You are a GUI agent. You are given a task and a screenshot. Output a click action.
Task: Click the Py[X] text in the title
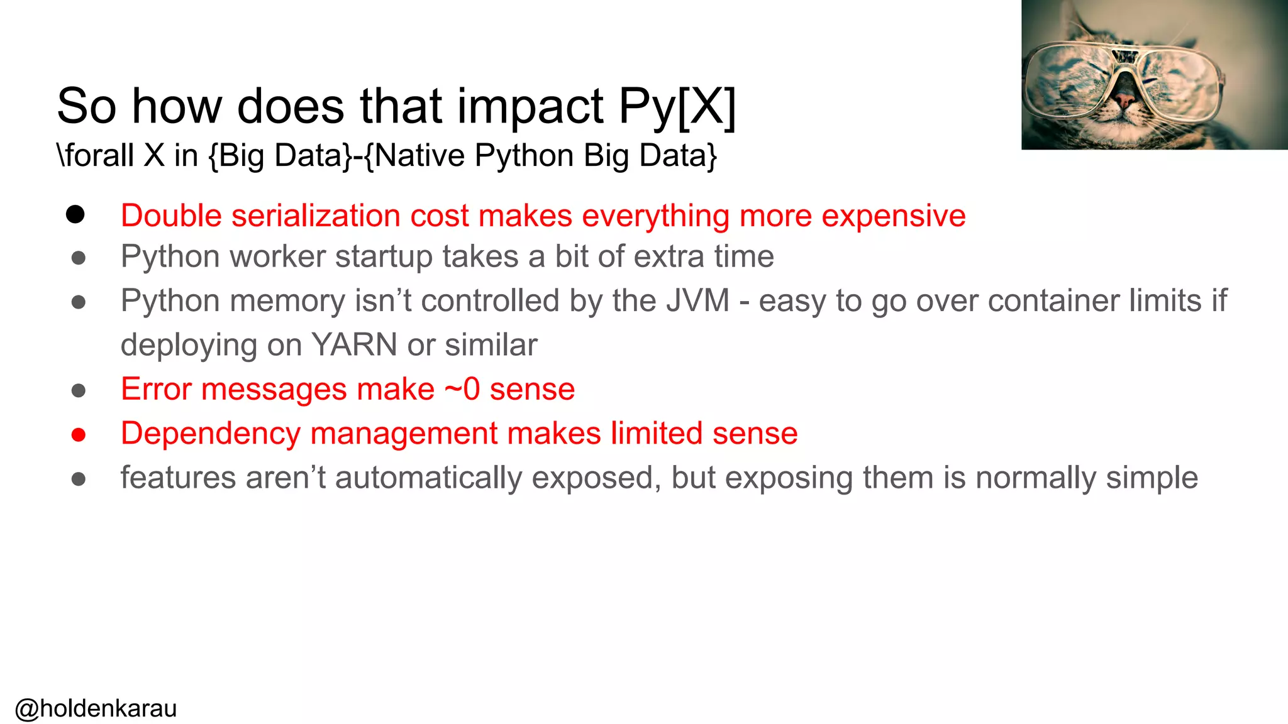pyautogui.click(x=677, y=107)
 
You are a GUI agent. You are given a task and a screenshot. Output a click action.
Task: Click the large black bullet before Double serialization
pyautogui.click(x=75, y=215)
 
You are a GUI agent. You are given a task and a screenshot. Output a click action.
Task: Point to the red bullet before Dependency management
pyautogui.click(x=79, y=435)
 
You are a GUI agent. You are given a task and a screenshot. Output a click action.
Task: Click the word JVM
pyautogui.click(x=697, y=300)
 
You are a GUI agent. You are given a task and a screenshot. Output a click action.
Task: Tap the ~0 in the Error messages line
pyautogui.click(x=462, y=389)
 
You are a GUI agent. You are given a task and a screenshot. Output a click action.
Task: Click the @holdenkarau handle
pyautogui.click(x=96, y=708)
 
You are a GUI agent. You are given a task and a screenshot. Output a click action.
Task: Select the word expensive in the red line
pyautogui.click(x=893, y=216)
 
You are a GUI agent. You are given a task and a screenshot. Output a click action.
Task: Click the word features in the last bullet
pyautogui.click(x=178, y=478)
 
